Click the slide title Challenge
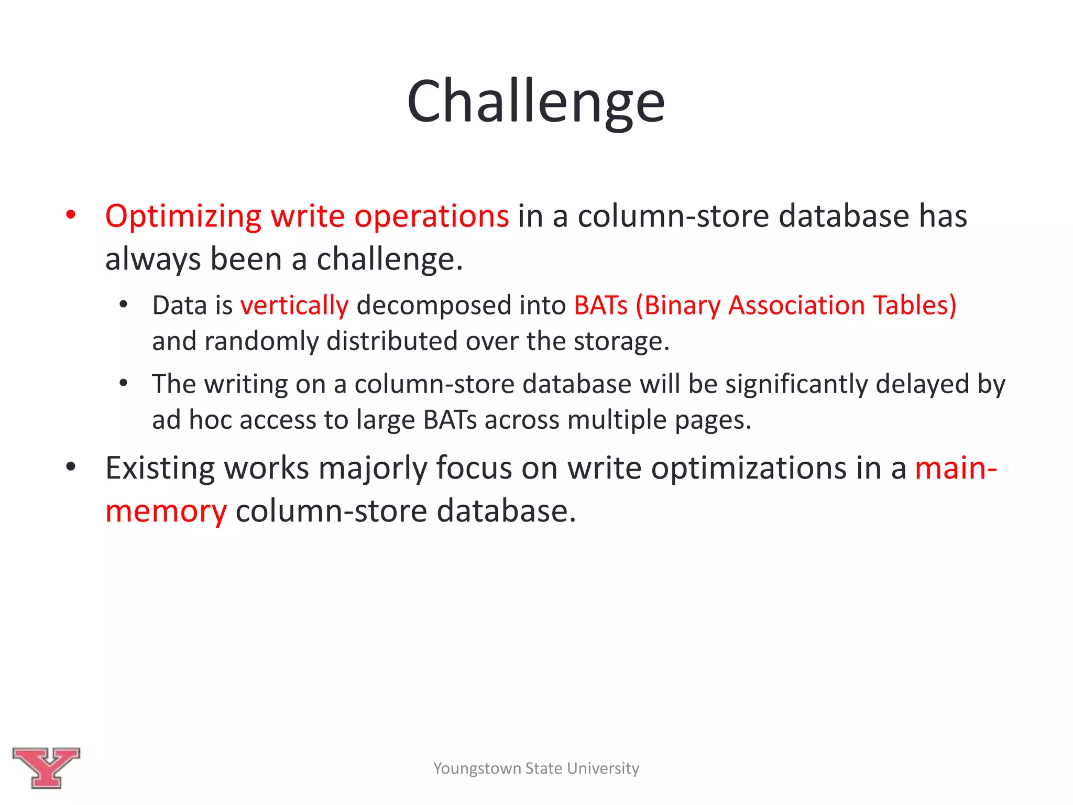click(x=535, y=101)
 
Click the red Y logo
click(x=46, y=767)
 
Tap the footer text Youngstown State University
click(x=536, y=768)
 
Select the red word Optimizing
click(x=183, y=216)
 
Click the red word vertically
click(x=294, y=306)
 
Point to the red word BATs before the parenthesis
click(x=600, y=306)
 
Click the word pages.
click(x=713, y=421)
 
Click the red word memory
click(x=166, y=512)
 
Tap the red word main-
click(x=956, y=468)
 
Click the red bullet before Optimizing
click(x=71, y=215)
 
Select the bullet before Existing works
click(x=71, y=467)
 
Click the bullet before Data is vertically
click(x=123, y=304)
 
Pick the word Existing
click(x=160, y=468)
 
